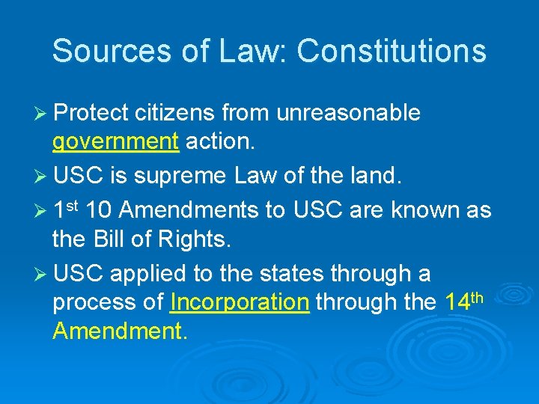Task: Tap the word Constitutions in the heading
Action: [391, 51]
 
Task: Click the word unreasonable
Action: [348, 113]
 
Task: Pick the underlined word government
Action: [115, 141]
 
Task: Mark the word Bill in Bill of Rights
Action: [111, 239]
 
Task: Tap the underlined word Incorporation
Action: [240, 302]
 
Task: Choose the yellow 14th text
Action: [462, 301]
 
